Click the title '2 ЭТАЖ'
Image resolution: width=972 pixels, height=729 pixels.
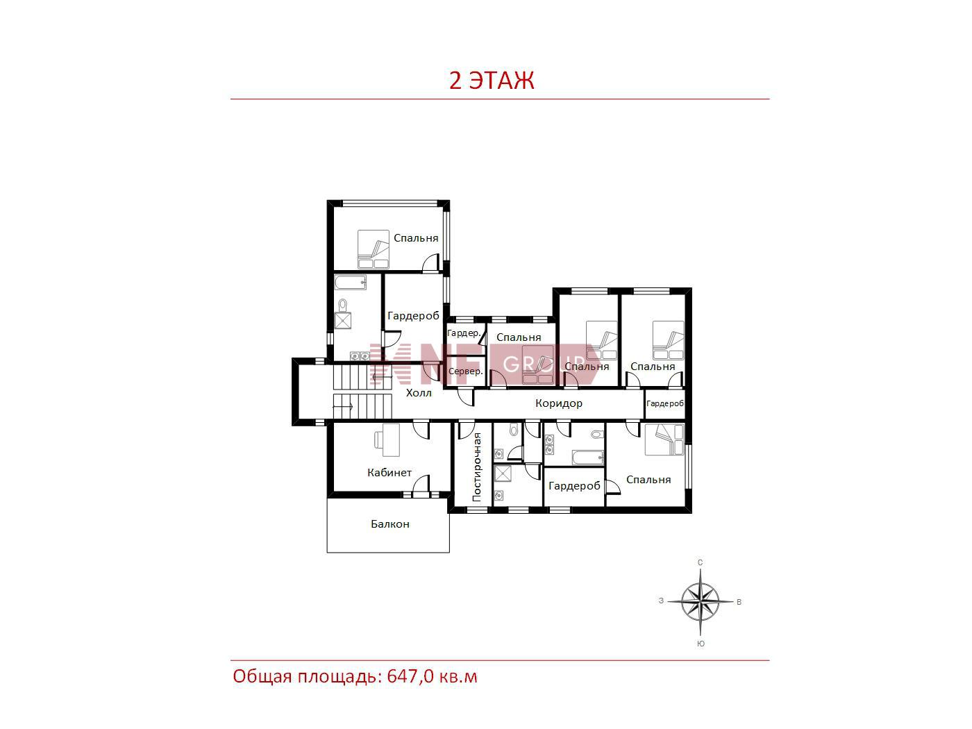(x=492, y=80)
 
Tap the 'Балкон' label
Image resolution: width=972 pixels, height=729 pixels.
(x=389, y=524)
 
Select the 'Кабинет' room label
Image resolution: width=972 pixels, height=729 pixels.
(x=389, y=472)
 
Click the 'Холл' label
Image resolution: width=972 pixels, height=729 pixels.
(x=419, y=392)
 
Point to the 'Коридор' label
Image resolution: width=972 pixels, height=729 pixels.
(x=558, y=403)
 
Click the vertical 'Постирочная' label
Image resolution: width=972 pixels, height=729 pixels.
(x=476, y=467)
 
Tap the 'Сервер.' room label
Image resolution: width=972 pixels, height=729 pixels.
(x=465, y=371)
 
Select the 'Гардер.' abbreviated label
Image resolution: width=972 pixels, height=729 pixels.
(x=464, y=333)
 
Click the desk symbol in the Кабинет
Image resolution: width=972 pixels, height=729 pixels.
(x=387, y=439)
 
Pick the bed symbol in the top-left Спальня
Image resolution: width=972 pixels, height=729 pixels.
(x=373, y=249)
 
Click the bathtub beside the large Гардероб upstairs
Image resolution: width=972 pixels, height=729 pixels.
(x=351, y=283)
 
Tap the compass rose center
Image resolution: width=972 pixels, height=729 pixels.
(x=700, y=602)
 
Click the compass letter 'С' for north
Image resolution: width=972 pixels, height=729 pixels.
(x=700, y=562)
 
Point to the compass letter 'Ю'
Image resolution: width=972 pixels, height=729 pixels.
(x=701, y=644)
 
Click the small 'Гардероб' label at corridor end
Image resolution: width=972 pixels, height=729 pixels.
(x=664, y=403)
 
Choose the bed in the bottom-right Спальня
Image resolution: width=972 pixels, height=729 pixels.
(x=664, y=439)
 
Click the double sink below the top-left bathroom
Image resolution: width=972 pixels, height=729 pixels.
(x=359, y=355)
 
